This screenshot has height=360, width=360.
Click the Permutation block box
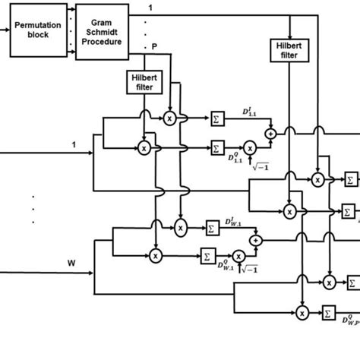(x=38, y=28)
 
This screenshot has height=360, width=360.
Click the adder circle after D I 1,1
(x=270, y=133)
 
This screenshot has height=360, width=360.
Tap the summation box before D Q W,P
(x=328, y=311)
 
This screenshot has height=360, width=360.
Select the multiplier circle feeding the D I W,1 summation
(x=180, y=226)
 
